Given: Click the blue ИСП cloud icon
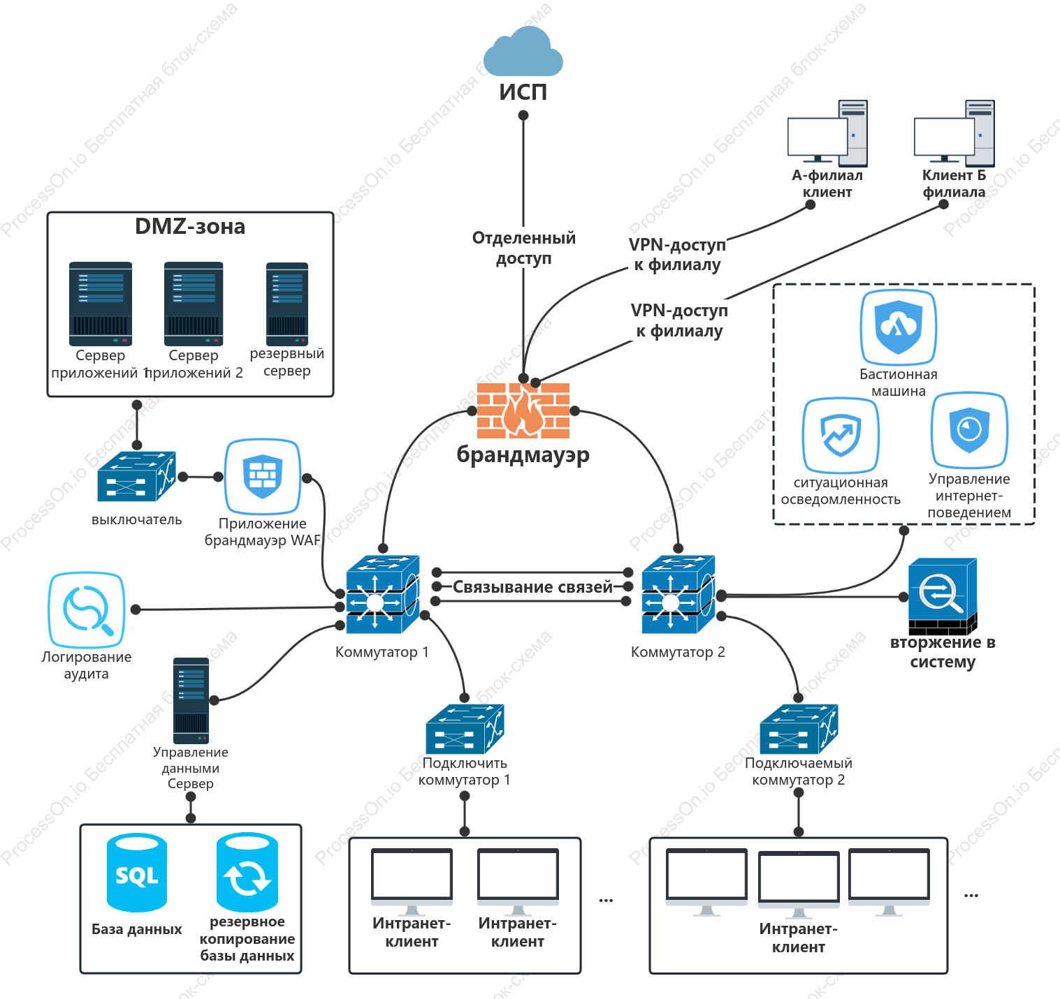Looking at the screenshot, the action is [x=523, y=51].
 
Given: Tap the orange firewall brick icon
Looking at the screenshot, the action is [x=523, y=410].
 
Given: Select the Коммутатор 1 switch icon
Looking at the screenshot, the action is [x=382, y=594].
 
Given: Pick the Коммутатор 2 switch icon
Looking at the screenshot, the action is [x=678, y=594].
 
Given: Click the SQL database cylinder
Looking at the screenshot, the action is [x=137, y=873].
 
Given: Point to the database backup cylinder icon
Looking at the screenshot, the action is [x=247, y=873].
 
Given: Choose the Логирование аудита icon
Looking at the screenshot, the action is [x=87, y=609].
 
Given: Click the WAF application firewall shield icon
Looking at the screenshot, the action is [x=262, y=476].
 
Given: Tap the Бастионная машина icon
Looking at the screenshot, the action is [x=899, y=327].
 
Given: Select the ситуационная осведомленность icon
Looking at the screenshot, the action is [x=841, y=435].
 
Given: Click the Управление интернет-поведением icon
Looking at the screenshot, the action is [x=969, y=430].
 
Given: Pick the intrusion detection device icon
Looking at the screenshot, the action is [x=943, y=596].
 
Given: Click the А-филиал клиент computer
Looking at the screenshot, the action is [x=827, y=133].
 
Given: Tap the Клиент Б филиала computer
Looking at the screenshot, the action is [x=954, y=133].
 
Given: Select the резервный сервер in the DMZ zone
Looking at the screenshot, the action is [x=287, y=304].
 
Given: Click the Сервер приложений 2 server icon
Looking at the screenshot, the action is [x=194, y=304].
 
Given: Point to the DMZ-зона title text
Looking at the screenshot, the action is [x=190, y=227].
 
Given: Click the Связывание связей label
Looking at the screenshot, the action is [x=532, y=586].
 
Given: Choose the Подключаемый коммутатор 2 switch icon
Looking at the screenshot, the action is [x=799, y=729].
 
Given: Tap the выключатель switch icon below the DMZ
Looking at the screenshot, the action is [x=137, y=476].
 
